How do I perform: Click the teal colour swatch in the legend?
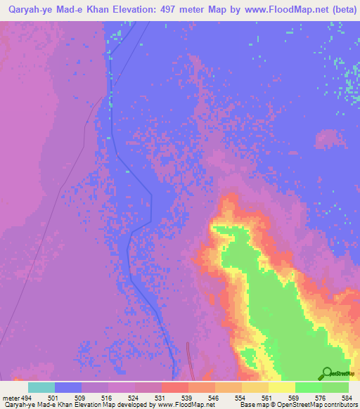[x=41, y=387]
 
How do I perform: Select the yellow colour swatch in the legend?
[x=282, y=387]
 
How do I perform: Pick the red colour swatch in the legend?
[x=175, y=387]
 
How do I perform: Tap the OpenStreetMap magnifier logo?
[x=327, y=373]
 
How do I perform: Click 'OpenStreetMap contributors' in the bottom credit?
[x=317, y=405]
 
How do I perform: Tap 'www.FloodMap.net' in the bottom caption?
[x=186, y=405]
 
